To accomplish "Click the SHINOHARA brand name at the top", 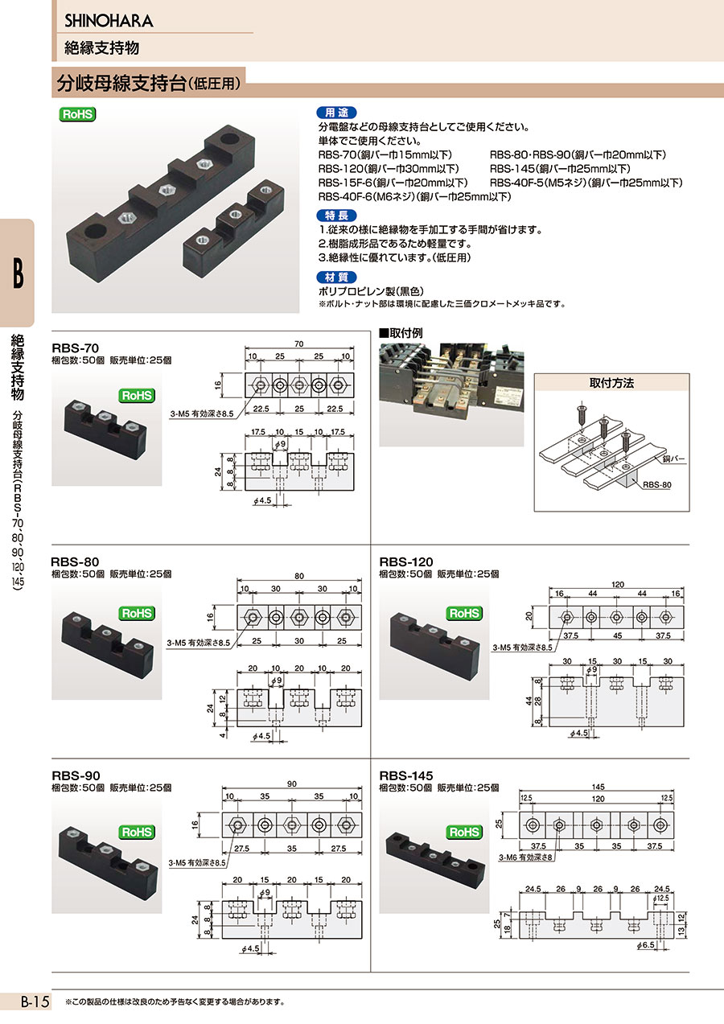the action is point(109,21).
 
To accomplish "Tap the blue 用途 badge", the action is point(336,113).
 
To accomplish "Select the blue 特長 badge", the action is point(336,216).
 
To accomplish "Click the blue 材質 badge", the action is point(336,277).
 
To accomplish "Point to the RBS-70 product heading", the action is point(76,348).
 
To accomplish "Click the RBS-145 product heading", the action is point(406,775).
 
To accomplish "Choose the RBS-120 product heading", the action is point(406,561).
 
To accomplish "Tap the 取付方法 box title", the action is point(611,383).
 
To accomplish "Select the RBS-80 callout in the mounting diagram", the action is point(656,484).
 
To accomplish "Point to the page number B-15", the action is point(35,1002).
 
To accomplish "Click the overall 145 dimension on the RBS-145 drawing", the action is point(598,787).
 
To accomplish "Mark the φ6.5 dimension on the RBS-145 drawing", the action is point(645,945).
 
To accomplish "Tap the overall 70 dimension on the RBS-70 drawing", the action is point(299,343).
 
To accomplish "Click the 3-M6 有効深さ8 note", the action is point(525,857).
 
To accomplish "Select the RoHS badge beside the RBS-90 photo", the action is point(137,832).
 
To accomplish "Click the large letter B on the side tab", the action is point(18,273).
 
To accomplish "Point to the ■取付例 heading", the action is point(401,333).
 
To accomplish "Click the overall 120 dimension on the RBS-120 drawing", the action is point(618,584).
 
